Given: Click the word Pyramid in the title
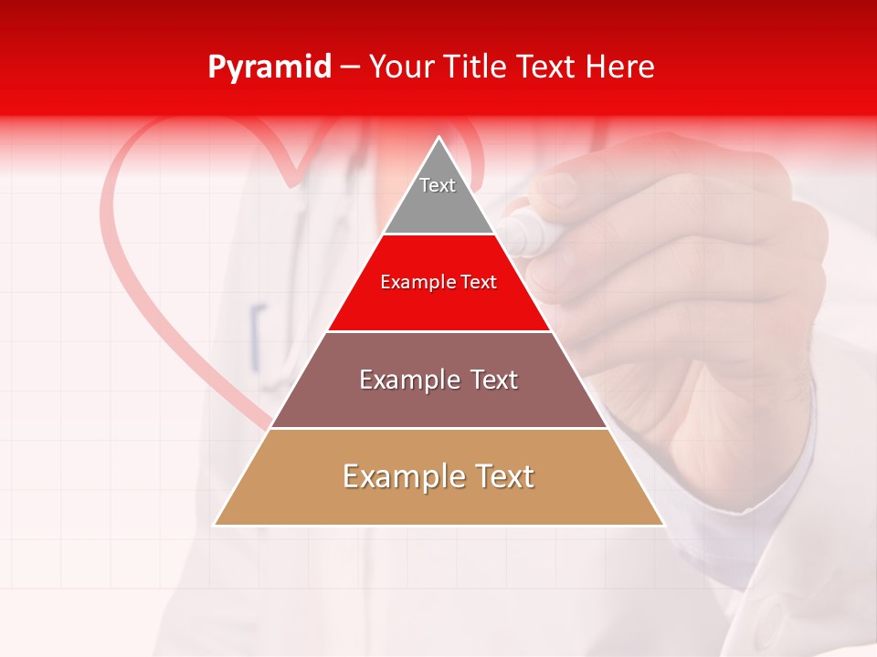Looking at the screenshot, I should point(269,68).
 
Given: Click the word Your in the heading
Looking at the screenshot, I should point(400,67).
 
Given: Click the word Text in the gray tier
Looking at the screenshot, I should point(438,185).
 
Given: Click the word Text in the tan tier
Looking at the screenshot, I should point(500,476).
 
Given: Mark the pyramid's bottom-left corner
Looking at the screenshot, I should point(215,525).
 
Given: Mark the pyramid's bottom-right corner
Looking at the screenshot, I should point(663,525).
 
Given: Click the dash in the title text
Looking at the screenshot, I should point(349,68).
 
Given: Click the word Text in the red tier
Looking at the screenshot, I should point(478,282).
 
